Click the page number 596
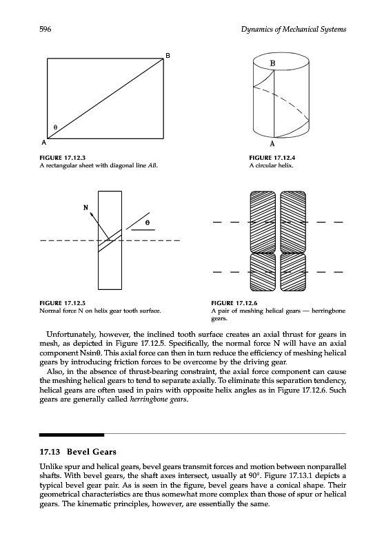pos(46,29)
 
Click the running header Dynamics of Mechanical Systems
pos(294,30)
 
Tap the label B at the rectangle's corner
pos(168,56)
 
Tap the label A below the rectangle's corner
pos(44,143)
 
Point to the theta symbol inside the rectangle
pos(55,127)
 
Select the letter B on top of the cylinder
pos(272,63)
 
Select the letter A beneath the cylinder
pos(272,143)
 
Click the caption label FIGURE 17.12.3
pos(63,158)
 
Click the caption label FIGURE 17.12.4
pos(272,158)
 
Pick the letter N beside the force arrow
pos(85,208)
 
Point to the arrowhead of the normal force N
pos(92,214)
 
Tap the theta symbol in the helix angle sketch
pos(148,222)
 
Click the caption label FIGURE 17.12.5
pos(63,303)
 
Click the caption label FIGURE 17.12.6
pos(234,303)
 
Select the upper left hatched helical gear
pos(263,222)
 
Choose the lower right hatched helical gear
pos(293,272)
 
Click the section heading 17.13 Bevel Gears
pos(78,452)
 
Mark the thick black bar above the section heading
pos(72,435)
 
